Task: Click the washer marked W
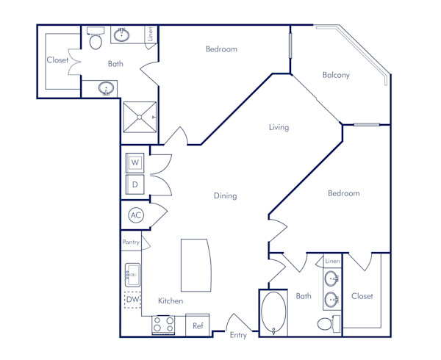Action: click(x=135, y=162)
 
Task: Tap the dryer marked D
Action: click(x=135, y=184)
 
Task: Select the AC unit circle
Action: click(x=136, y=215)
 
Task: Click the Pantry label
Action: click(x=130, y=242)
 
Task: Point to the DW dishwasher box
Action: click(x=132, y=299)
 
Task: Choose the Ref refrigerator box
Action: click(x=198, y=325)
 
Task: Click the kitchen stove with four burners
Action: click(x=163, y=325)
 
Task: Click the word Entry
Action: click(x=238, y=336)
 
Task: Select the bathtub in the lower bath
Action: click(x=276, y=313)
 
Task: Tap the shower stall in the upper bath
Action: click(x=140, y=116)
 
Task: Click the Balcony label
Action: click(x=336, y=75)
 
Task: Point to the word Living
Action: click(x=279, y=127)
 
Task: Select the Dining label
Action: click(x=225, y=196)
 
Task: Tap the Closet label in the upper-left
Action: click(x=57, y=60)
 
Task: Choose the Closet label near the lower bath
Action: click(x=362, y=296)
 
